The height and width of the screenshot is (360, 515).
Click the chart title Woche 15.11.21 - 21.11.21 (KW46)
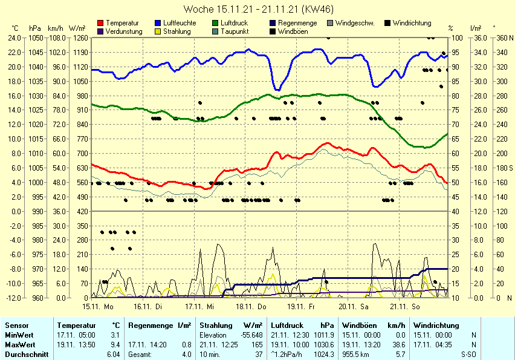[x=257, y=9]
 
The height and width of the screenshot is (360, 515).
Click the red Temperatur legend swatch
[x=100, y=23]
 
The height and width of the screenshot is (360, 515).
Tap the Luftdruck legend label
[x=235, y=23]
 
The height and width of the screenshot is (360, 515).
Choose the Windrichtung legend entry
[x=412, y=23]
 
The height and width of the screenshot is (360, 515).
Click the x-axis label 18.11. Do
[x=251, y=307]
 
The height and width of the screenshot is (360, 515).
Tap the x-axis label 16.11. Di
[x=149, y=307]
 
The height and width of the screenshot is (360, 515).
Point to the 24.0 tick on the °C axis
[x=15, y=38]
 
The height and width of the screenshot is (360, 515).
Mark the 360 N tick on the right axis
[x=502, y=38]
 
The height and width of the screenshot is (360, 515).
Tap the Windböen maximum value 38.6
[x=398, y=344]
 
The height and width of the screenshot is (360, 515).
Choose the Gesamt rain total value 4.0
[x=187, y=354]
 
